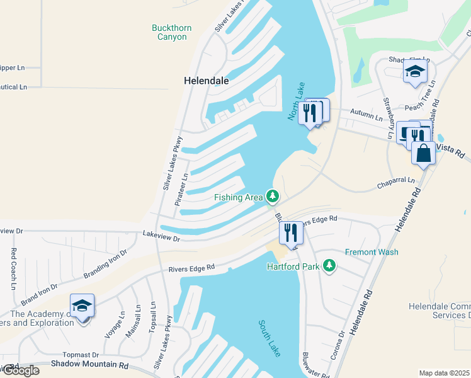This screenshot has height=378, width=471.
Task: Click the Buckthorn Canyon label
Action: pyautogui.click(x=171, y=32)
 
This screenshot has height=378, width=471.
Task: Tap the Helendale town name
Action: pyautogui.click(x=206, y=81)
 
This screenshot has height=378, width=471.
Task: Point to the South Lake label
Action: pyautogui.click(x=269, y=338)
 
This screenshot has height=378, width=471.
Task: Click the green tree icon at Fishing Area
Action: pyautogui.click(x=272, y=197)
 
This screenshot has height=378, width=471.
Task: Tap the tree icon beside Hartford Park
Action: pyautogui.click(x=328, y=266)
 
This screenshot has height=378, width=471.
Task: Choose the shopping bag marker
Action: pyautogui.click(x=423, y=153)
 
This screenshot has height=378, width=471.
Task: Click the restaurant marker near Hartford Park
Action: pyautogui.click(x=291, y=232)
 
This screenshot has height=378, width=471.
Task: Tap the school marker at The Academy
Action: pyautogui.click(x=82, y=306)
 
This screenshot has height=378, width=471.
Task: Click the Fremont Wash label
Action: pyautogui.click(x=372, y=252)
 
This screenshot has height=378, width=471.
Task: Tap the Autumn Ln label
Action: pyautogui.click(x=370, y=117)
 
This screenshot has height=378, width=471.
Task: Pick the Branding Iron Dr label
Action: pyautogui.click(x=105, y=264)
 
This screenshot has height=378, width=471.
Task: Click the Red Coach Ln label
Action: pyautogui.click(x=13, y=269)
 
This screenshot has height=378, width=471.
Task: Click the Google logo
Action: pyautogui.click(x=20, y=370)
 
